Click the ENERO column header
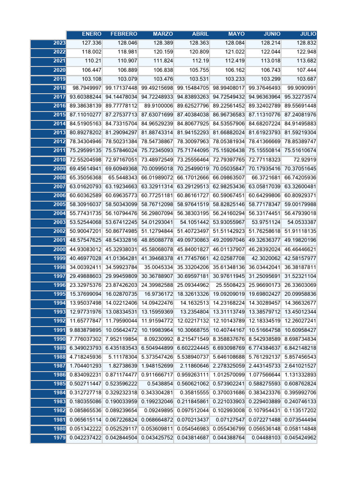pos(91,34)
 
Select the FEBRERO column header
pos(124,34)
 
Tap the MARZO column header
pos(163,34)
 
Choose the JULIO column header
pos(308,34)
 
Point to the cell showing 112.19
pos(200,61)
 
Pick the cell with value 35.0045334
pos(157,268)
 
